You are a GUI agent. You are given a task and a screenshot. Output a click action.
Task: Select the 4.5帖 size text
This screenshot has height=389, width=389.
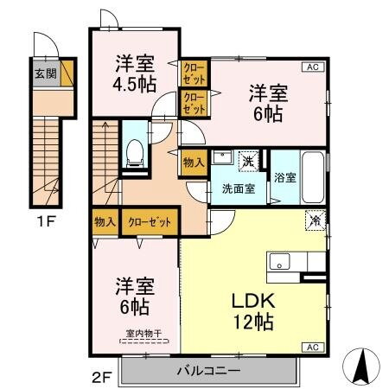pyautogui.click(x=136, y=83)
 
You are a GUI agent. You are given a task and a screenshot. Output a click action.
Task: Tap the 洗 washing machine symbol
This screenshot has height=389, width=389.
pyautogui.click(x=248, y=160)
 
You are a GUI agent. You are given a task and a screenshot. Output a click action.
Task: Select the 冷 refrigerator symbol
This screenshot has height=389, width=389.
pyautogui.click(x=317, y=221)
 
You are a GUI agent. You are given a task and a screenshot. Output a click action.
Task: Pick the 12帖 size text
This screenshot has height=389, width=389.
pyautogui.click(x=252, y=324)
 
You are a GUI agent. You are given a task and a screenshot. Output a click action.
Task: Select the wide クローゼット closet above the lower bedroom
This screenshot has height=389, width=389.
pyautogui.click(x=150, y=221)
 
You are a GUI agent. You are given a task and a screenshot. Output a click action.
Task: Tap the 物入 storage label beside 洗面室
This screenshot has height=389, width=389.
pyautogui.click(x=193, y=161)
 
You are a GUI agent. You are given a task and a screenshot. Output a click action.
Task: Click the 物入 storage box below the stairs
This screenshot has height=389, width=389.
pyautogui.click(x=105, y=221)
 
